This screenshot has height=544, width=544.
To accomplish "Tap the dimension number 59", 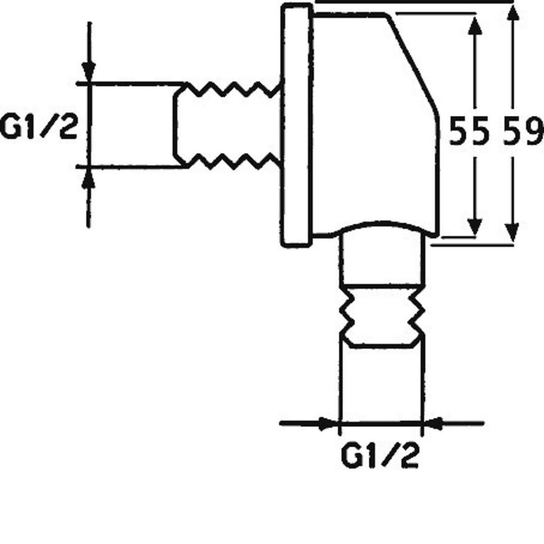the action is [x=522, y=131].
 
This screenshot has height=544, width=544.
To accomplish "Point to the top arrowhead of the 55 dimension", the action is [x=474, y=25].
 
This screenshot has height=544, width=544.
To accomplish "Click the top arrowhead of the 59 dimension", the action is [x=513, y=15].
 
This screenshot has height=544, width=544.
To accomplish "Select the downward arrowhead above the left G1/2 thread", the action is [x=89, y=72].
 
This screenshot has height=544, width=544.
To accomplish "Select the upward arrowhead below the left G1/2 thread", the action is [x=89, y=177].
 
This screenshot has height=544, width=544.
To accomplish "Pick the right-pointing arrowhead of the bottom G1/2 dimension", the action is [x=328, y=423].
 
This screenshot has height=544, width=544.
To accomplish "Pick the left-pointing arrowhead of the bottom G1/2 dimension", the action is [x=433, y=423].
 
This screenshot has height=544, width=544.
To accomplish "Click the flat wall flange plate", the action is [x=295, y=125].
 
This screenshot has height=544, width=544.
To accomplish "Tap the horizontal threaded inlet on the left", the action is [x=227, y=125].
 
